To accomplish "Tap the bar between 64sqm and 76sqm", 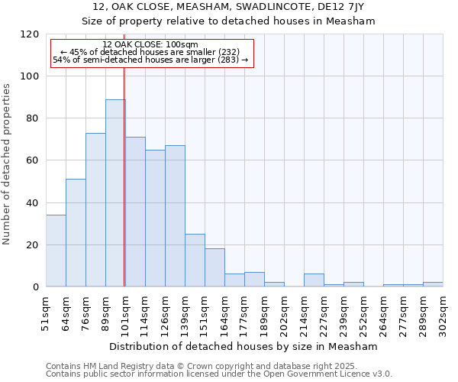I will pos(76,233).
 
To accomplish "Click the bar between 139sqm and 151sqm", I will pos(195,261).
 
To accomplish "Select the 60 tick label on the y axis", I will pos(32,160).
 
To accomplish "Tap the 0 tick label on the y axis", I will pos(35,287).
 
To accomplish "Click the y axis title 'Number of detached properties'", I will pos(8,164).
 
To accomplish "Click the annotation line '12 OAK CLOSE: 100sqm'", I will pos(150,45).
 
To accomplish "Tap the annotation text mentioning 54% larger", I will pos(150,60).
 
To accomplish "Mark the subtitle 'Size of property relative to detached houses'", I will pos(228,21).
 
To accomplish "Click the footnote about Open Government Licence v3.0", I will pos(219,374).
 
